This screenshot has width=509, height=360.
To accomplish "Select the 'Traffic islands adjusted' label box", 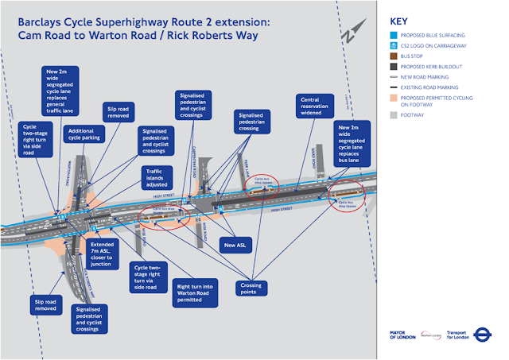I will (x=156, y=180).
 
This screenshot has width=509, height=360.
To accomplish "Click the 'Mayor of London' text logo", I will (x=399, y=335).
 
